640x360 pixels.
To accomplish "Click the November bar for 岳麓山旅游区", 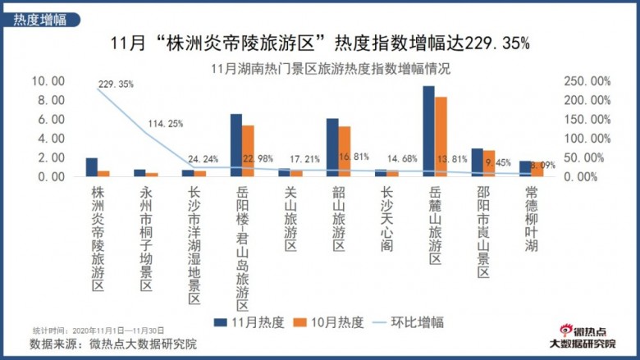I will click(x=428, y=131).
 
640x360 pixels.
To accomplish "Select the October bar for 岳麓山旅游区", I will click(x=441, y=137).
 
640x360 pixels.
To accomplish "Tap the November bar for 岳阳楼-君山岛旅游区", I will click(x=235, y=145).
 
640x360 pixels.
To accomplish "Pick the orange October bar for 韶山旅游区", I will click(x=345, y=152).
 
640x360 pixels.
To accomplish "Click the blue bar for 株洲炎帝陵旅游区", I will click(x=91, y=167).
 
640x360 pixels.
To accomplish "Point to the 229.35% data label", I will click(x=115, y=84).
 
